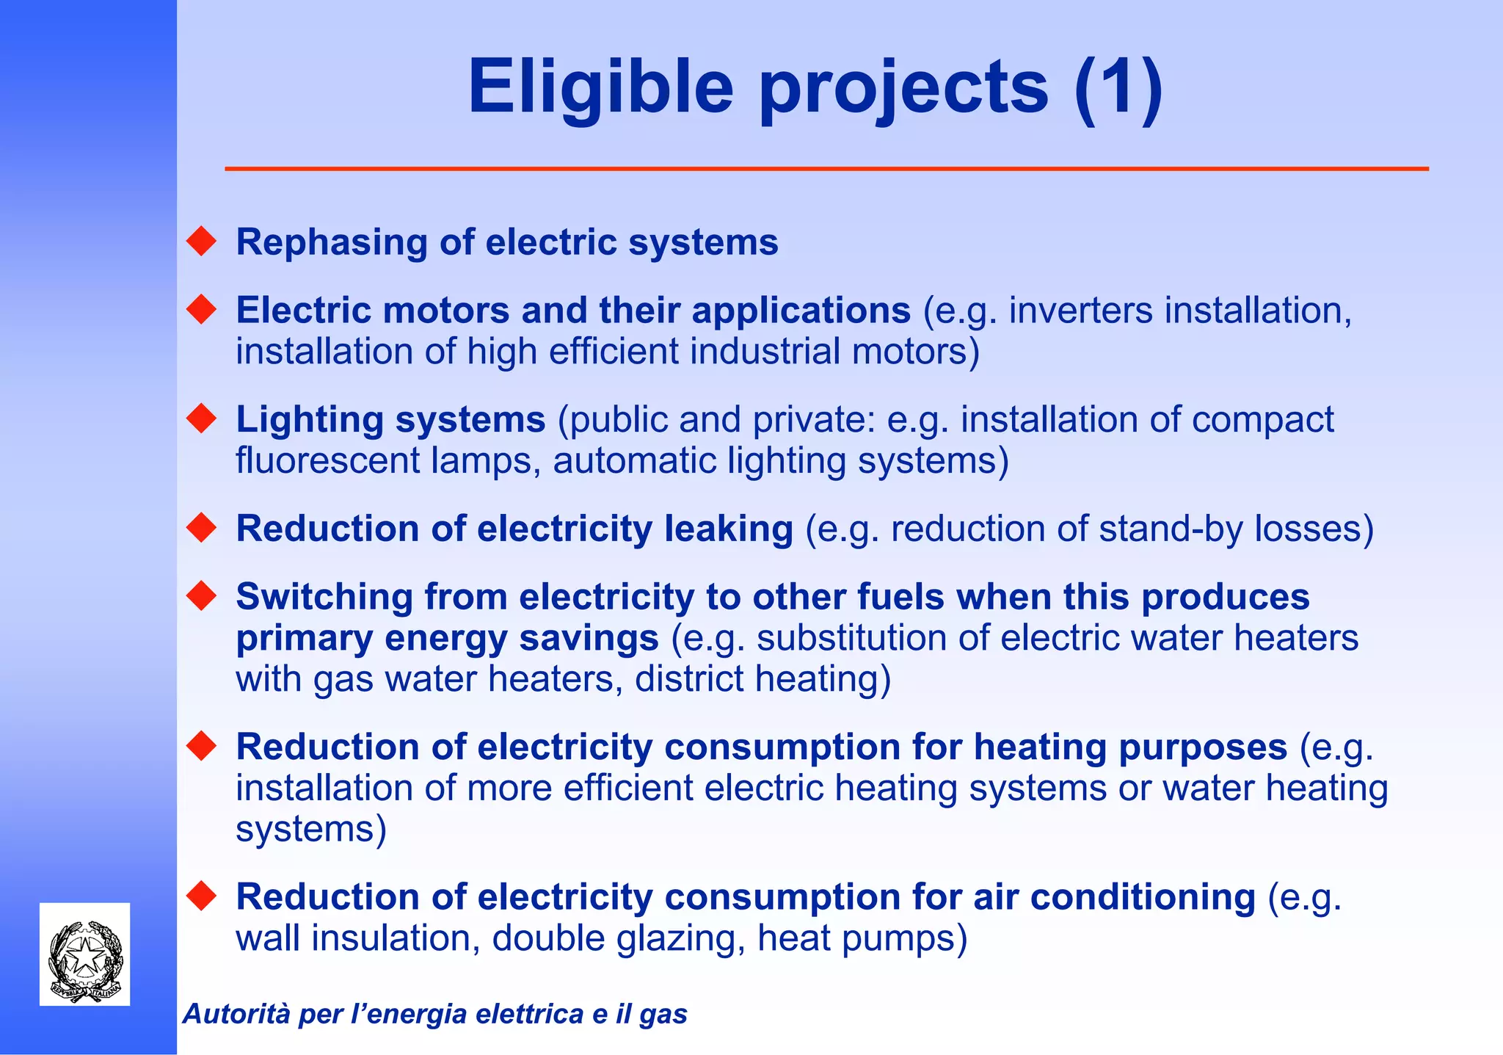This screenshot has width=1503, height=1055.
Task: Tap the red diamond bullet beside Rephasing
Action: (x=201, y=242)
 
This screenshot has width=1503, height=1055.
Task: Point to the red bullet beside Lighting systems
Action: (x=201, y=418)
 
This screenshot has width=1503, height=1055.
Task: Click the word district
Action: (x=689, y=679)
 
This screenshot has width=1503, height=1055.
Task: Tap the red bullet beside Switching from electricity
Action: (x=201, y=595)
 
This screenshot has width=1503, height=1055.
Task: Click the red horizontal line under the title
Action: (x=826, y=169)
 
